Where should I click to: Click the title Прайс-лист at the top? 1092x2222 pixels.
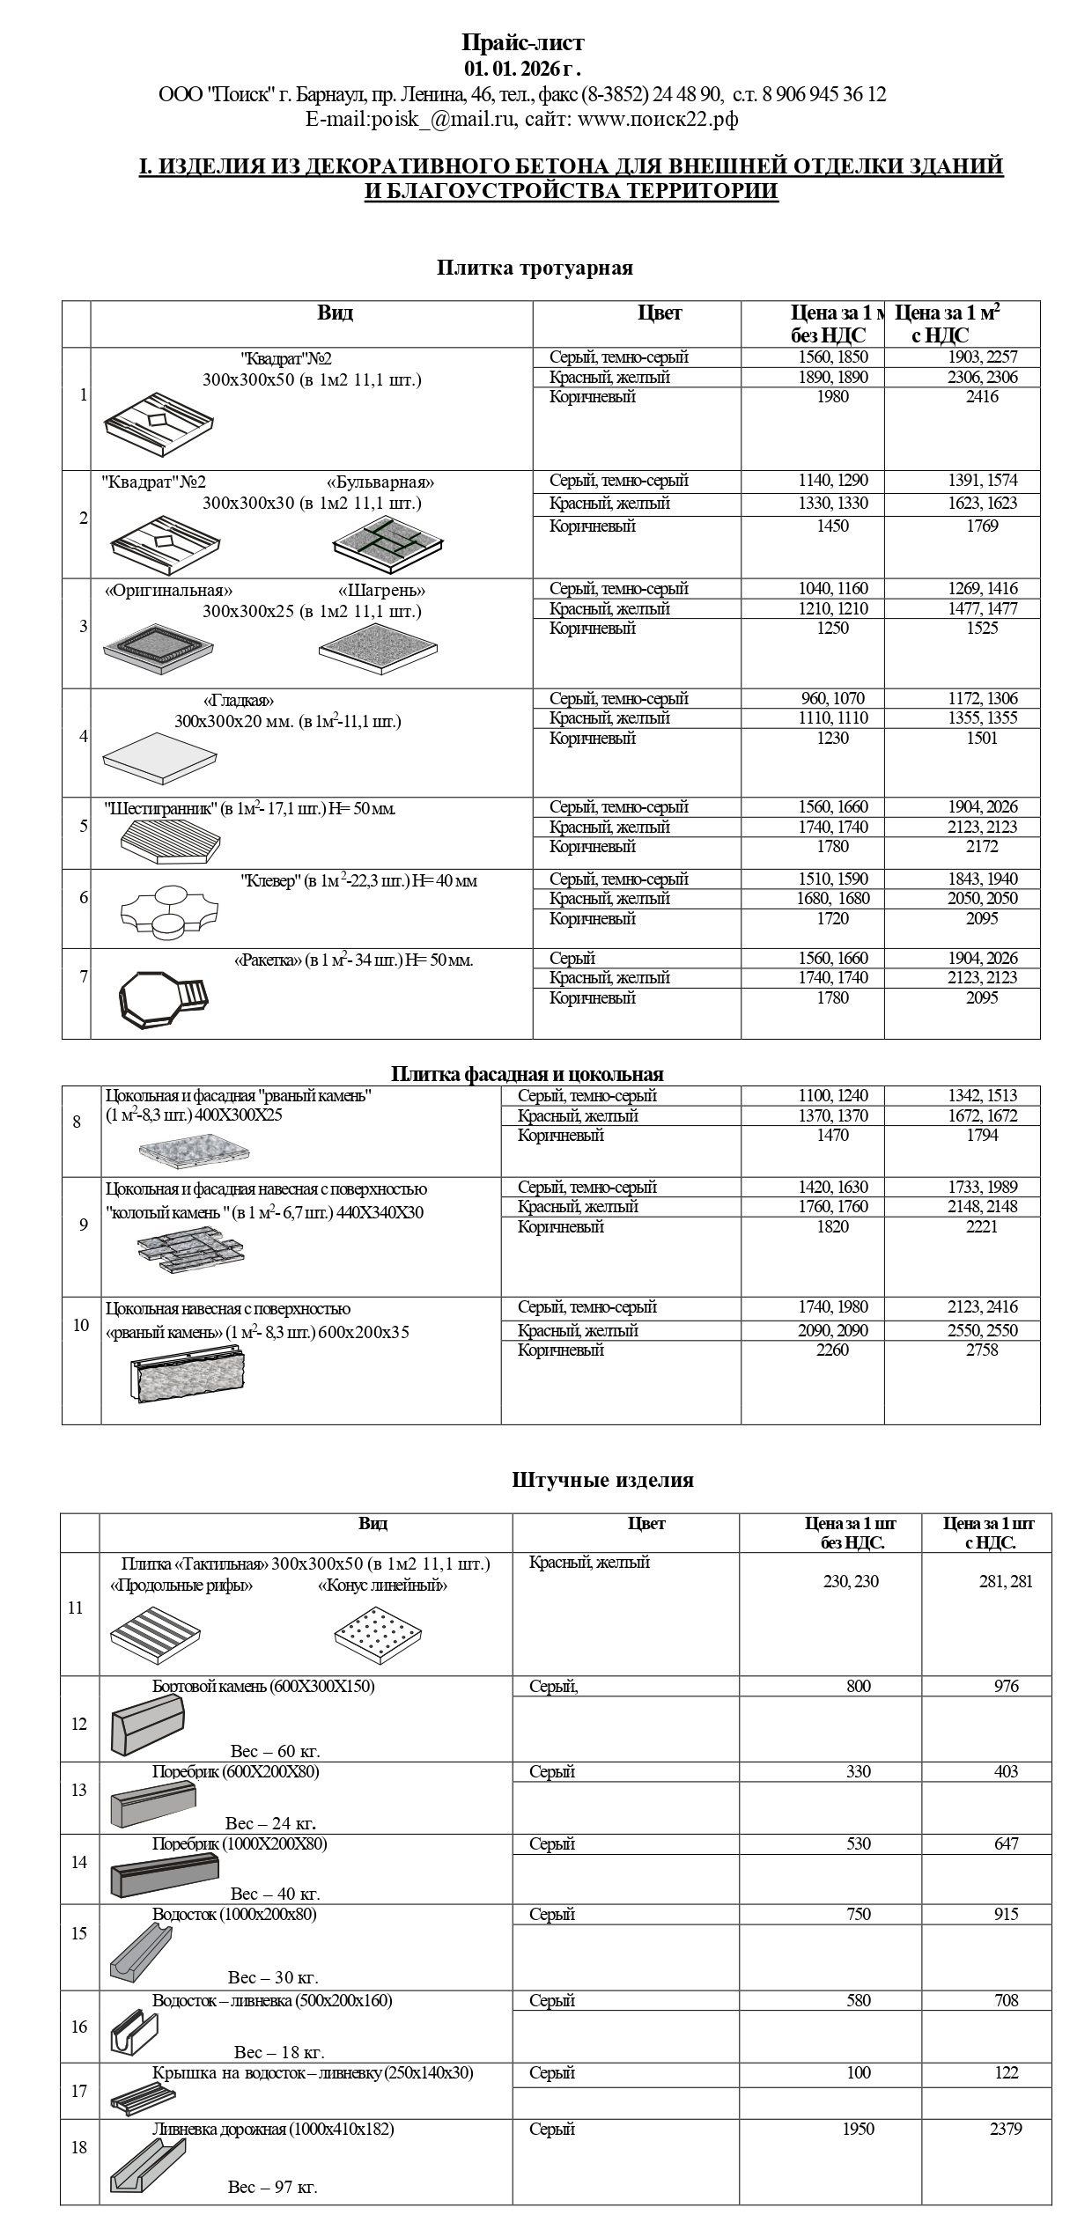pyautogui.click(x=523, y=42)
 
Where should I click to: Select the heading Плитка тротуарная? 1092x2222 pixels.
pyautogui.click(x=535, y=268)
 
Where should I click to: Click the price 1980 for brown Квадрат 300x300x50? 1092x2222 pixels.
pyautogui.click(x=832, y=397)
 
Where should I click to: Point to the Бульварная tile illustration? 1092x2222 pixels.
pyautogui.click(x=387, y=539)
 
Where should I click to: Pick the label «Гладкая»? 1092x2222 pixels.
pyautogui.click(x=239, y=701)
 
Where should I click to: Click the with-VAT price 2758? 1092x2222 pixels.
pyautogui.click(x=982, y=1350)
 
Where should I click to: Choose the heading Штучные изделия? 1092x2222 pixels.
pyautogui.click(x=602, y=1480)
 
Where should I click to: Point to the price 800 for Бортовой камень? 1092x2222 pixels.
pyautogui.click(x=858, y=1686)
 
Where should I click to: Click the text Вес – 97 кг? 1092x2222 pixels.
pyautogui.click(x=272, y=2187)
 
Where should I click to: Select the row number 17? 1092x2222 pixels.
pyautogui.click(x=79, y=2091)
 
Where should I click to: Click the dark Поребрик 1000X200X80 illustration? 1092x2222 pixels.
pyautogui.click(x=164, y=1873)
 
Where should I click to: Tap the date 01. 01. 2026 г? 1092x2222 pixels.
pyautogui.click(x=523, y=69)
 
